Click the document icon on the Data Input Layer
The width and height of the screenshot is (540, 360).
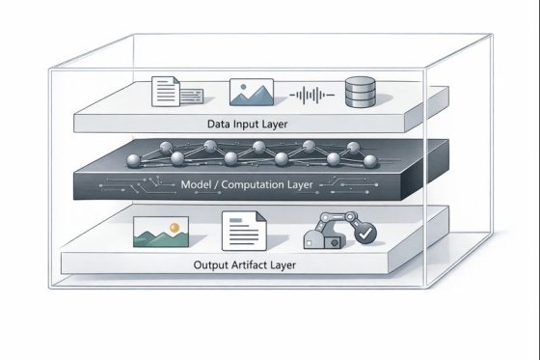pyautogui.click(x=166, y=93)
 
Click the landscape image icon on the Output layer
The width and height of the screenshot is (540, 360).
pyautogui.click(x=160, y=232)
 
